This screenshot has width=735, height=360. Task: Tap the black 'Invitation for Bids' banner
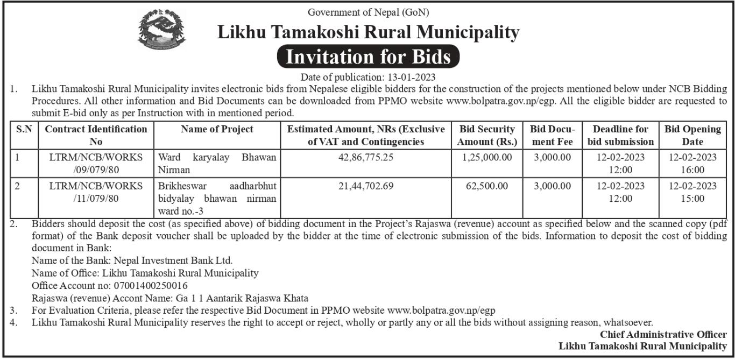click(x=368, y=57)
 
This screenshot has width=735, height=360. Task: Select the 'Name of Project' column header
click(x=217, y=129)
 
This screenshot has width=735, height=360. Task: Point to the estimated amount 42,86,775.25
click(x=366, y=157)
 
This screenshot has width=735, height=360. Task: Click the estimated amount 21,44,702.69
click(x=366, y=186)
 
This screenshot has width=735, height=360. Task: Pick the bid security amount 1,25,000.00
click(x=487, y=157)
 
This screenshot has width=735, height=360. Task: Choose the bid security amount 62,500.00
click(x=487, y=186)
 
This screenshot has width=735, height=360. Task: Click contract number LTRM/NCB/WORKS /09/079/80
click(x=96, y=164)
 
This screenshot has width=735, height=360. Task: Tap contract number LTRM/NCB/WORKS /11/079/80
click(x=96, y=192)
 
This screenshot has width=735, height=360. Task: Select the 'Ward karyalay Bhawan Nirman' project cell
click(x=217, y=164)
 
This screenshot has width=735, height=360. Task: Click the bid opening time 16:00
click(x=692, y=170)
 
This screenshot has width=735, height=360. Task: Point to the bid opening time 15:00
click(x=692, y=199)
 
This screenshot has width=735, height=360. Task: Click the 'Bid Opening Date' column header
click(x=692, y=135)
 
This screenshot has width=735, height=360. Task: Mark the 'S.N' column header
click(x=24, y=129)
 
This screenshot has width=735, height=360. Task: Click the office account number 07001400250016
click(x=150, y=285)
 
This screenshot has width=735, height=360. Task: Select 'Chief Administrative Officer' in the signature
click(x=663, y=335)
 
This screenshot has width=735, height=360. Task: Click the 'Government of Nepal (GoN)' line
click(x=368, y=12)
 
